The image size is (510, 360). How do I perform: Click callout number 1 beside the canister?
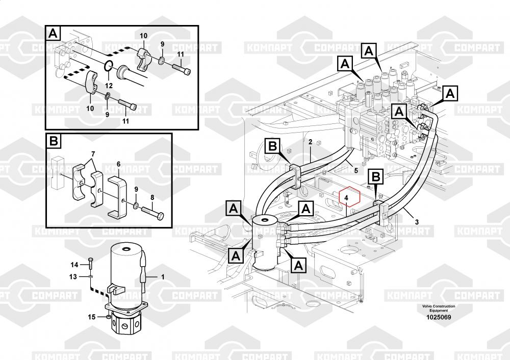[163, 277]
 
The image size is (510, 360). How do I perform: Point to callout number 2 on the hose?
[310, 141]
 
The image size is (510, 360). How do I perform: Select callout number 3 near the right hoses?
[417, 222]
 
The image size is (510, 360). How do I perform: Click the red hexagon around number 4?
[347, 197]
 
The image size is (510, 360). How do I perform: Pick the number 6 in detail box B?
[118, 164]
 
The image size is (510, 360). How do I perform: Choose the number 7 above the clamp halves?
[93, 153]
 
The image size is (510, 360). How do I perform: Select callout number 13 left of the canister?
[73, 276]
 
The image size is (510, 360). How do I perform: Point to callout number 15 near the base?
[92, 317]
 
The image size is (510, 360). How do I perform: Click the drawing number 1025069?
[439, 317]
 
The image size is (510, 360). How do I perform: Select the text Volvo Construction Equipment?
[439, 308]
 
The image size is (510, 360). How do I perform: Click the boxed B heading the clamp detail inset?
[54, 141]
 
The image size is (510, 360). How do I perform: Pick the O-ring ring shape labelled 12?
[108, 66]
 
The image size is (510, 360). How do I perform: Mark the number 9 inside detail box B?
[136, 189]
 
